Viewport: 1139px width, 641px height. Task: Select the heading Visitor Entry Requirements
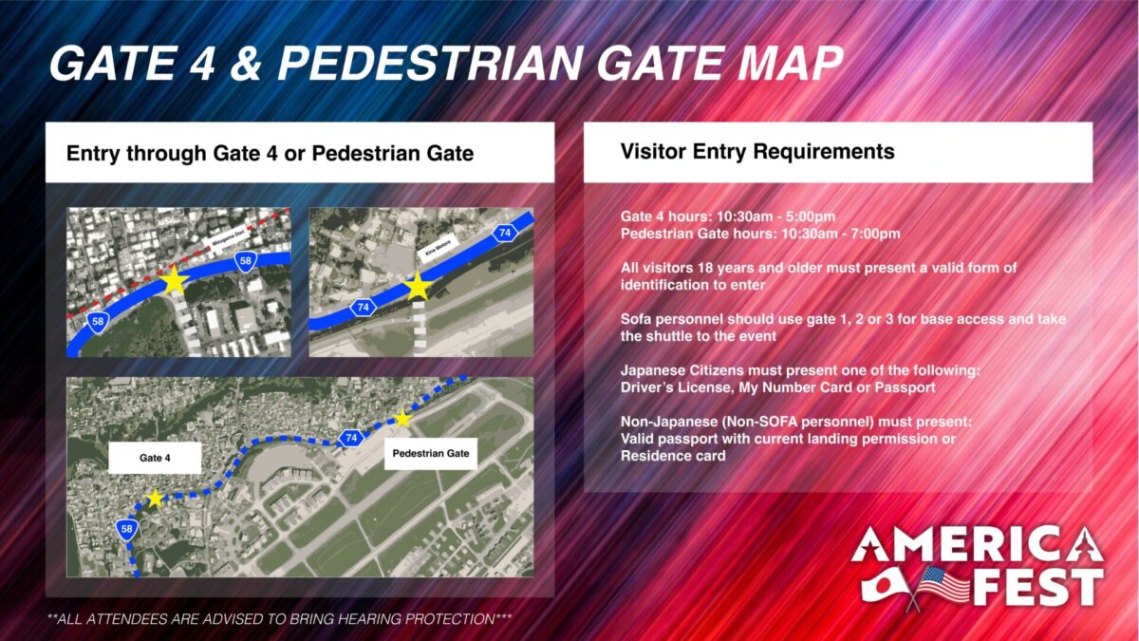(x=756, y=151)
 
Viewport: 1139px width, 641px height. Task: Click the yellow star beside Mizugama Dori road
(x=174, y=280)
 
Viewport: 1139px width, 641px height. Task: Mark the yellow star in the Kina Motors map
(x=418, y=287)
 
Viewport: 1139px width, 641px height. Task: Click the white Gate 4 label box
(x=154, y=458)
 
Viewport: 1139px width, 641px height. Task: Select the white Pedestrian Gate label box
(x=431, y=454)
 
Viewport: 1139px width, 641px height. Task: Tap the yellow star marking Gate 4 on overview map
(x=155, y=499)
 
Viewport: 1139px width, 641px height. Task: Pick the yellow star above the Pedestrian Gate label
(x=402, y=419)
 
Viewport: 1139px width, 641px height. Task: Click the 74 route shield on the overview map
(x=350, y=438)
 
